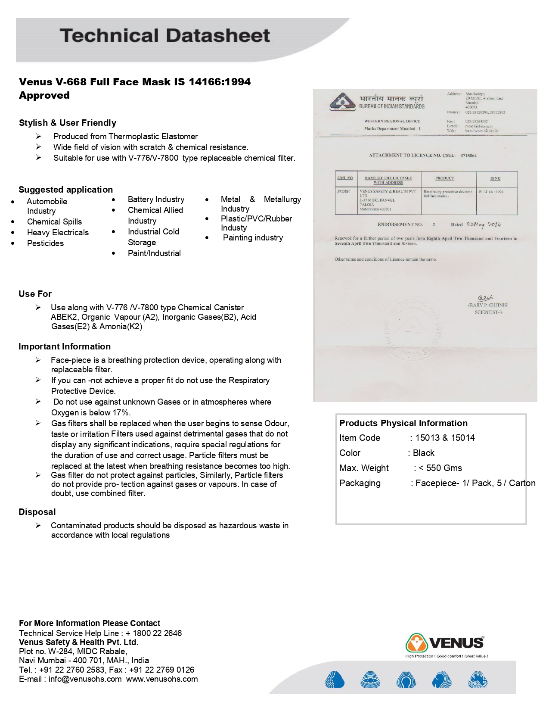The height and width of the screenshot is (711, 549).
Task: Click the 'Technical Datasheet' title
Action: (x=165, y=36)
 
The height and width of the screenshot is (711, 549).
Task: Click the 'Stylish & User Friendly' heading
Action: (x=68, y=123)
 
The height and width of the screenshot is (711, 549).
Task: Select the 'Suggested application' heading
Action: (x=65, y=190)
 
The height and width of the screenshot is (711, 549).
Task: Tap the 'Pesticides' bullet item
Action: (x=45, y=243)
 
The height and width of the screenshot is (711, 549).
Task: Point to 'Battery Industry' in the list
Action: (x=156, y=199)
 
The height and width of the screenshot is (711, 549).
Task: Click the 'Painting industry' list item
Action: (x=253, y=238)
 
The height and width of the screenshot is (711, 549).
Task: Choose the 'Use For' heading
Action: (x=35, y=294)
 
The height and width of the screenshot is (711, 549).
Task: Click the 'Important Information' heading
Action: (x=65, y=346)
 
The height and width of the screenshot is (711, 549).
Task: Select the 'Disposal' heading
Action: (x=37, y=512)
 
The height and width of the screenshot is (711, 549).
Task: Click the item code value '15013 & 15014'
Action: (x=445, y=438)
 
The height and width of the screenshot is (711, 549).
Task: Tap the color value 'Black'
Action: (x=424, y=453)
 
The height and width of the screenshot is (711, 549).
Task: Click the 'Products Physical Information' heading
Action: (x=403, y=423)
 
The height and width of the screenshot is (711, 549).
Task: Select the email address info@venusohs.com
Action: (x=85, y=679)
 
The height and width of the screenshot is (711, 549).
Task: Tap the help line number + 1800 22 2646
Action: (x=154, y=633)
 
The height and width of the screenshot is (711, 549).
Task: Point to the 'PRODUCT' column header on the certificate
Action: (x=444, y=178)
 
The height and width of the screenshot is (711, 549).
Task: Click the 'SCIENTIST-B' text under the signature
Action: (x=488, y=312)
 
